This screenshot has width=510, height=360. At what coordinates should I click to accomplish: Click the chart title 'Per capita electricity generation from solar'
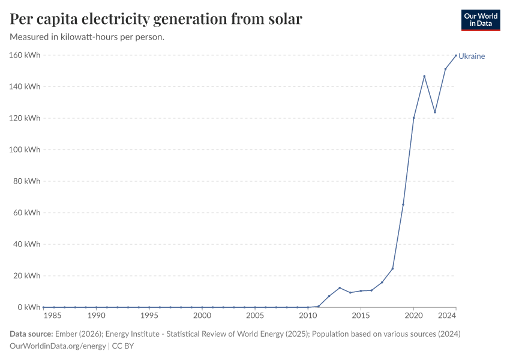pyautogui.click(x=156, y=19)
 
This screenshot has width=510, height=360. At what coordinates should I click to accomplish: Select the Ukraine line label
pyautogui.click(x=472, y=56)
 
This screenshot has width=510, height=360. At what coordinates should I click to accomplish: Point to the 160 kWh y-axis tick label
pyautogui.click(x=25, y=55)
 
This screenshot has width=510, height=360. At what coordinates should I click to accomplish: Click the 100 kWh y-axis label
pyautogui.click(x=25, y=149)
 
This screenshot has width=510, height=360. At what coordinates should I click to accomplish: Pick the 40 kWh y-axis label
pyautogui.click(x=27, y=244)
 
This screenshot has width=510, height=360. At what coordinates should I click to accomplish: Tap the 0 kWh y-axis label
pyautogui.click(x=29, y=307)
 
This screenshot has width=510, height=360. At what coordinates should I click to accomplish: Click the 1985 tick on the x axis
pyautogui.click(x=54, y=316)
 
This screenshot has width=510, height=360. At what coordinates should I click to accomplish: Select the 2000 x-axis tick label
pyautogui.click(x=202, y=316)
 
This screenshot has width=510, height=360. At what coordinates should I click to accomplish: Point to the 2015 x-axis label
pyautogui.click(x=361, y=316)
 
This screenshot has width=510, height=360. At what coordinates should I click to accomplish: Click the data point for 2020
pyautogui.click(x=413, y=118)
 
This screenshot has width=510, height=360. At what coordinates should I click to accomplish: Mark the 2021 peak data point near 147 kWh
pyautogui.click(x=424, y=76)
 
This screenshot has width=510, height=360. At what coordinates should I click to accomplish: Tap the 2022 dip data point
pyautogui.click(x=435, y=112)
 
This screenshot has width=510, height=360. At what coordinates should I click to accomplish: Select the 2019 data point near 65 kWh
pyautogui.click(x=403, y=205)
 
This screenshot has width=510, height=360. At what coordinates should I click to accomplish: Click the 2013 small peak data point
pyautogui.click(x=340, y=288)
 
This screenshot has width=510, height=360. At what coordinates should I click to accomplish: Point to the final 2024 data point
pyautogui.click(x=456, y=55)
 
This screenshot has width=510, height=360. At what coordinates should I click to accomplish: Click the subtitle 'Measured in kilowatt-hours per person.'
pyautogui.click(x=88, y=37)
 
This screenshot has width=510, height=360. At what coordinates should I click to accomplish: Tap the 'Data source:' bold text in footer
pyautogui.click(x=31, y=334)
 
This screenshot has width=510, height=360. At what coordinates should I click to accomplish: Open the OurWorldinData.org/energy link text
pyautogui.click(x=58, y=346)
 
